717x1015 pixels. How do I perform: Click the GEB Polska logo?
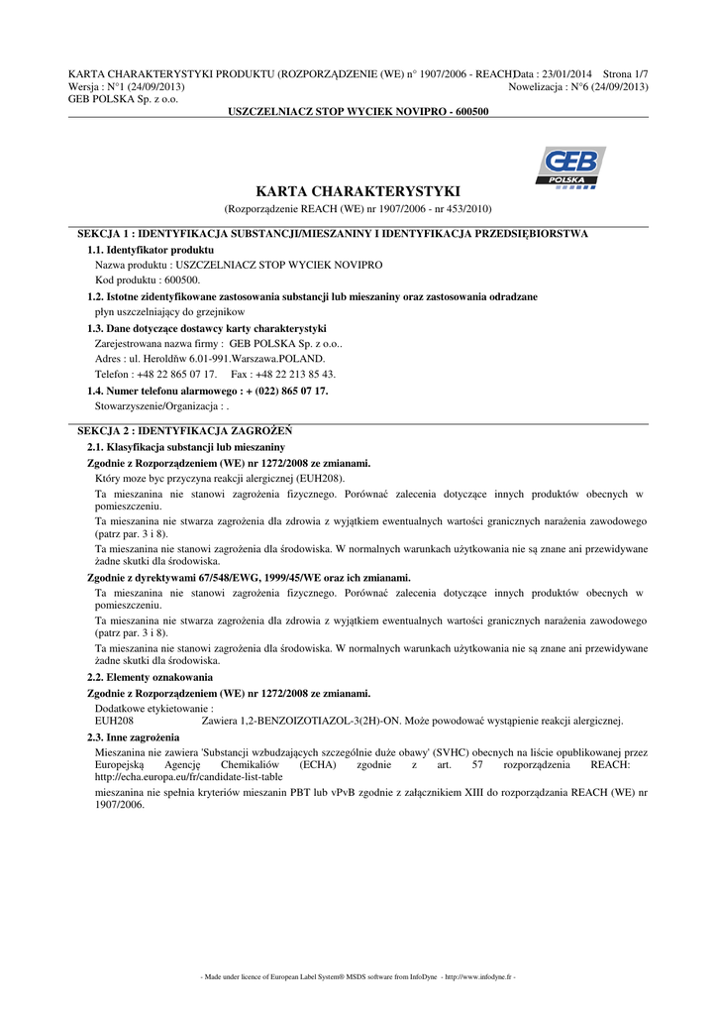[569, 167]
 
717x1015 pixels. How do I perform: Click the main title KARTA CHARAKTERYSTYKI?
[358, 191]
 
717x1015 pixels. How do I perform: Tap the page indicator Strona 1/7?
[625, 74]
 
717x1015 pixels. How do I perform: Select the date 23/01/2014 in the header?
[567, 74]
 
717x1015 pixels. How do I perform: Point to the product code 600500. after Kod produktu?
[179, 281]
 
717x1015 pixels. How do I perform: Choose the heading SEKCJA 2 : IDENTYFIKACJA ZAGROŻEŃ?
[184, 431]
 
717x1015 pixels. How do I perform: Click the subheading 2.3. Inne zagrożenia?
[134, 737]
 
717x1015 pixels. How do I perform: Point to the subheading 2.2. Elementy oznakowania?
[144, 677]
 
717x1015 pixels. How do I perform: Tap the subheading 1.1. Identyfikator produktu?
[151, 250]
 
